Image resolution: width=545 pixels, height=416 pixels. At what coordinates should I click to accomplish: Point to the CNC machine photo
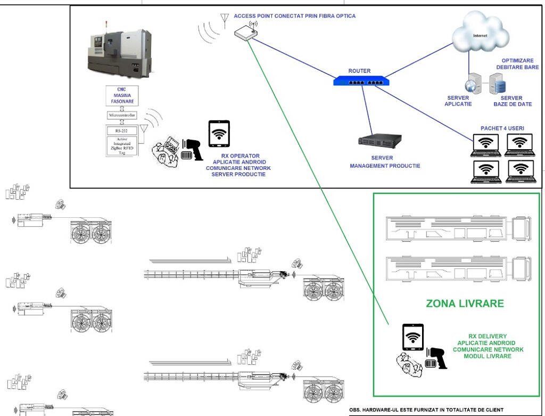[x=119, y=51]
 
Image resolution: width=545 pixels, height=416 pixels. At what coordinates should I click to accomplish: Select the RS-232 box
[x=122, y=130]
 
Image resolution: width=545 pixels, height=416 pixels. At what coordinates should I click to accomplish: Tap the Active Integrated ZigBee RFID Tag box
[x=122, y=145]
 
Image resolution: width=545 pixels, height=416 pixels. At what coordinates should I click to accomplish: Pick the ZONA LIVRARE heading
[x=465, y=304]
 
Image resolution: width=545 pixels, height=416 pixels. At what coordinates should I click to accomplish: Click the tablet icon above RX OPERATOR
[x=219, y=134]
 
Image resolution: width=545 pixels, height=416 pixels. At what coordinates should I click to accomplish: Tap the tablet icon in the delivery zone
[x=412, y=337]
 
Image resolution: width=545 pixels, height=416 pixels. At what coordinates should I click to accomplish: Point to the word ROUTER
[x=359, y=71]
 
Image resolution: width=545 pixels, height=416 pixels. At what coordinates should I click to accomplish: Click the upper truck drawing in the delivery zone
[x=457, y=227]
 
